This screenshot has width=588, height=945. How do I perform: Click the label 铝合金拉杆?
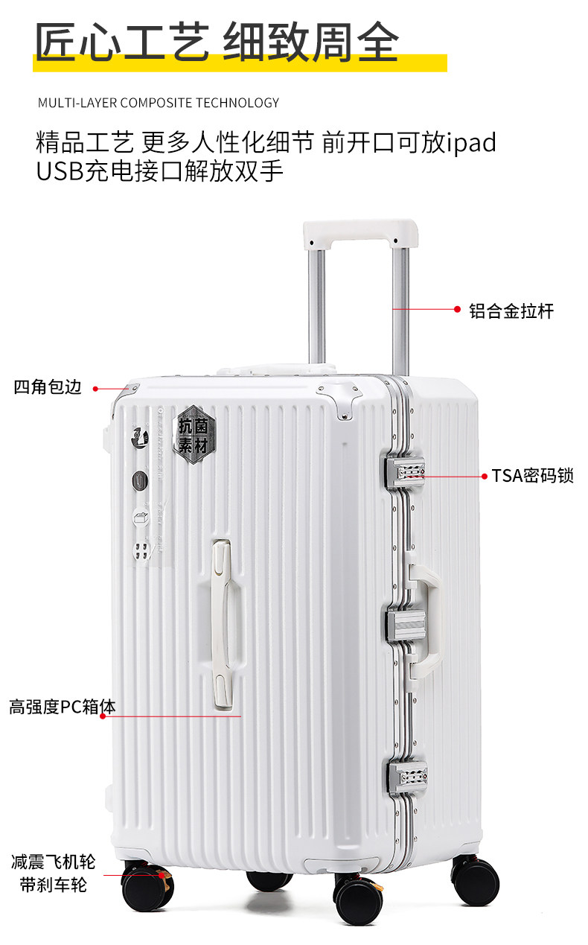pyautogui.click(x=511, y=311)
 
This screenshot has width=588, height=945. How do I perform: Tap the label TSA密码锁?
pyautogui.click(x=532, y=476)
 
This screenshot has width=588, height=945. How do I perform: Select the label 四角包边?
pyautogui.click(x=48, y=388)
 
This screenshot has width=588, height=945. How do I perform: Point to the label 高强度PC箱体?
pyautogui.click(x=63, y=707)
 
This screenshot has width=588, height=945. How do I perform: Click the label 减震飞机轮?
pyautogui.click(x=54, y=862)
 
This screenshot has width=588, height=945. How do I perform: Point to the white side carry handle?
pyautogui.click(x=427, y=619)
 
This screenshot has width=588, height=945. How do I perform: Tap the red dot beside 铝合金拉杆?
pyautogui.click(x=458, y=309)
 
